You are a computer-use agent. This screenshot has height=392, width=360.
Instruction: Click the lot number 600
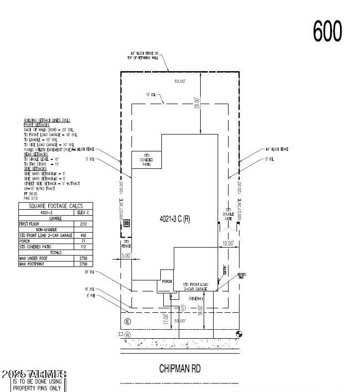click(328, 31)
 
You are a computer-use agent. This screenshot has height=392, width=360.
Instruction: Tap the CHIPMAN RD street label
click(180, 369)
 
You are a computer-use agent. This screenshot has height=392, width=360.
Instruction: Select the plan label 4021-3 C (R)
click(174, 220)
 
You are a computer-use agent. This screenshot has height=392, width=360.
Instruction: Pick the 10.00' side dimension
click(228, 243)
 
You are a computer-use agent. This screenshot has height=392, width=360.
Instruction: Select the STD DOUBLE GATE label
click(229, 214)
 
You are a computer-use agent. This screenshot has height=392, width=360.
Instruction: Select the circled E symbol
click(127, 321)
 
